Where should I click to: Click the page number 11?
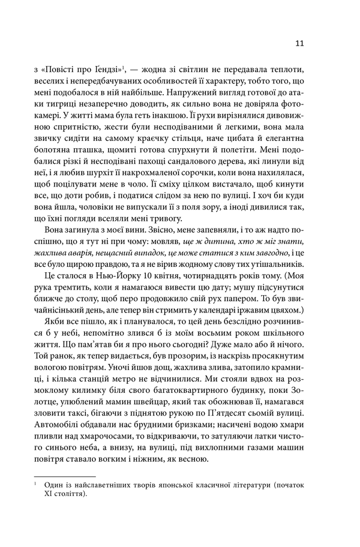301,43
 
